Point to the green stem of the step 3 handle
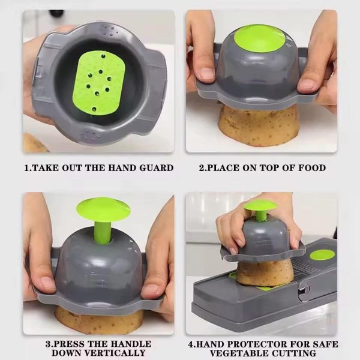tap(102, 231)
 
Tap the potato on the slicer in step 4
tap(264, 273)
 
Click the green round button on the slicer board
tap(322, 254)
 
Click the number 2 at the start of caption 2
tap(202, 168)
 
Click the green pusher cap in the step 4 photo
tap(260, 206)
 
